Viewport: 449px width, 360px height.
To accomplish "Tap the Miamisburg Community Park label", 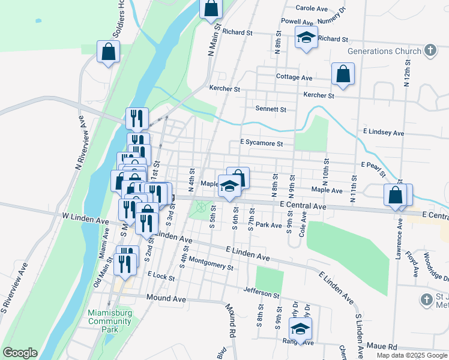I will [109, 321].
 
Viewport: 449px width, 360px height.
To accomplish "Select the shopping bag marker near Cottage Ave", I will [343, 74].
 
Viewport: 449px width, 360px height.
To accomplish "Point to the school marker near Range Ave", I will [300, 328].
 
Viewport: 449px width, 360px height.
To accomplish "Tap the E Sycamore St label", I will [261, 143].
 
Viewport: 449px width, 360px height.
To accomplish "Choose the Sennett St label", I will [271, 110].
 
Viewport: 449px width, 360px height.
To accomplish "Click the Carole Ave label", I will [312, 8].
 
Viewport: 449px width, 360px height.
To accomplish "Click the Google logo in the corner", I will [20, 353].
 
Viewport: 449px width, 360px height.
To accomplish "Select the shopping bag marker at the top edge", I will [211, 10].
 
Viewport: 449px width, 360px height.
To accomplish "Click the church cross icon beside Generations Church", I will [430, 50].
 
